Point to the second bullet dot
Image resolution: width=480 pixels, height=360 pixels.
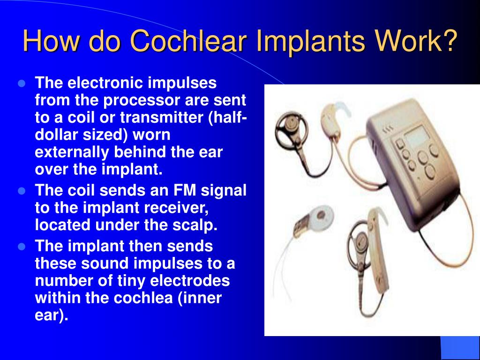(21, 191)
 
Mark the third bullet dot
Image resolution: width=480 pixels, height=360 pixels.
(21, 246)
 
